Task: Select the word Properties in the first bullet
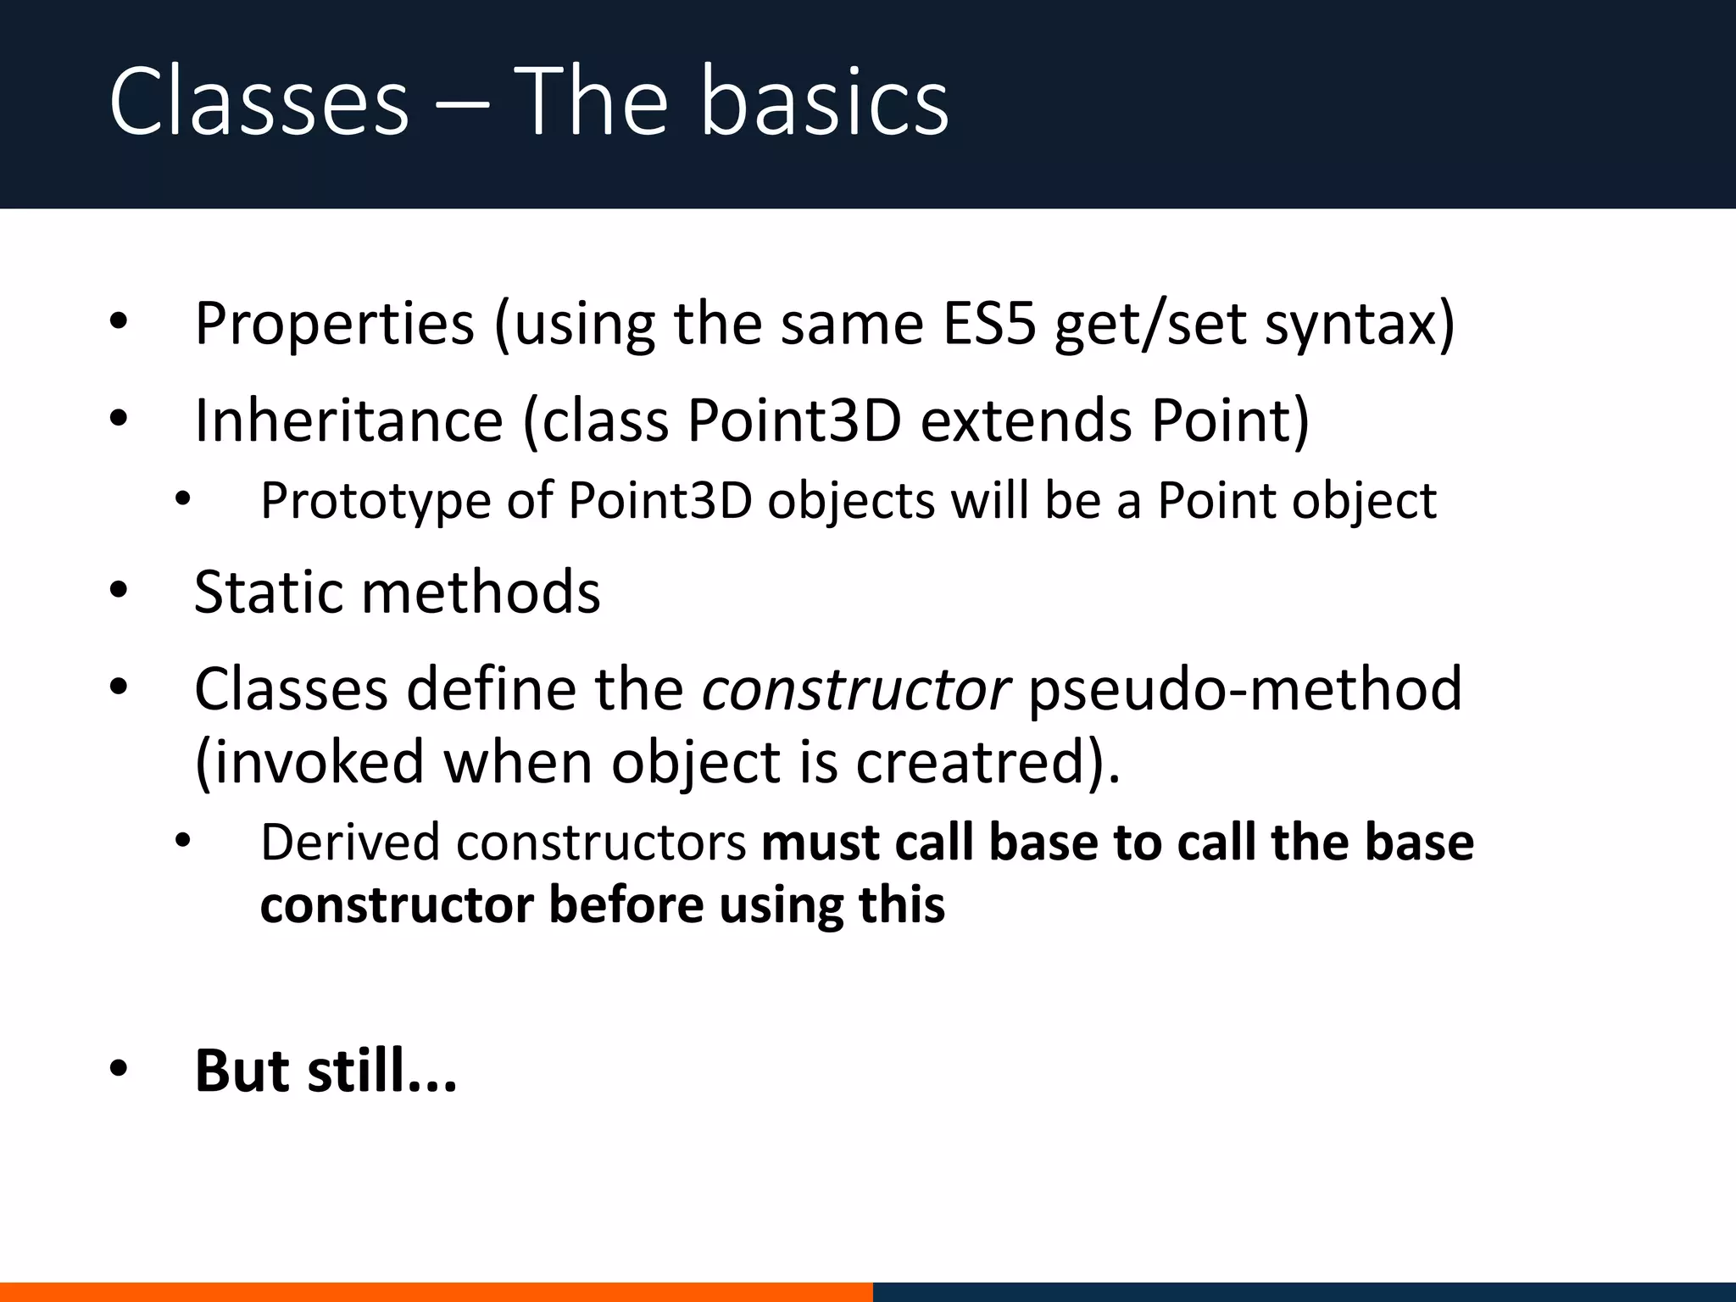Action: (x=334, y=324)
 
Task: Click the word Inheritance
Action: (x=349, y=420)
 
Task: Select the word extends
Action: (x=1027, y=420)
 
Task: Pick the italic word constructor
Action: (x=855, y=689)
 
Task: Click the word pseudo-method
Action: (x=1245, y=689)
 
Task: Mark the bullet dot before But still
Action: (x=119, y=1070)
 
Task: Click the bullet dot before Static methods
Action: (x=119, y=590)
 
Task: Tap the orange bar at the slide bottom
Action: (x=436, y=1292)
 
